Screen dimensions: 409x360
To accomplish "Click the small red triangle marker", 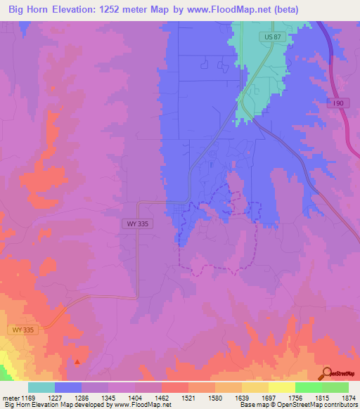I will tap(77, 361).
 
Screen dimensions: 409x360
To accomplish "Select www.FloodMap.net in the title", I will tap(229, 10).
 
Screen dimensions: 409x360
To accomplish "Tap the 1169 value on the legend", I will tap(29, 397).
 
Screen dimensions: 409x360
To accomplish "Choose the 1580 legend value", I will tap(216, 397).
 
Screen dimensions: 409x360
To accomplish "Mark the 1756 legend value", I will tap(296, 397).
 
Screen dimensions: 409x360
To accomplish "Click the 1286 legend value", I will tap(82, 397).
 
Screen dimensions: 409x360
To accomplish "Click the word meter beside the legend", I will tap(10, 397).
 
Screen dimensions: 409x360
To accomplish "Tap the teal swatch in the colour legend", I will tap(41, 387).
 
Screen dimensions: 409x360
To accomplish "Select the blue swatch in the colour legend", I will tap(68, 387).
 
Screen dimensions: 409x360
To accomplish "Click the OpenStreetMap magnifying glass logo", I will tap(326, 373).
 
